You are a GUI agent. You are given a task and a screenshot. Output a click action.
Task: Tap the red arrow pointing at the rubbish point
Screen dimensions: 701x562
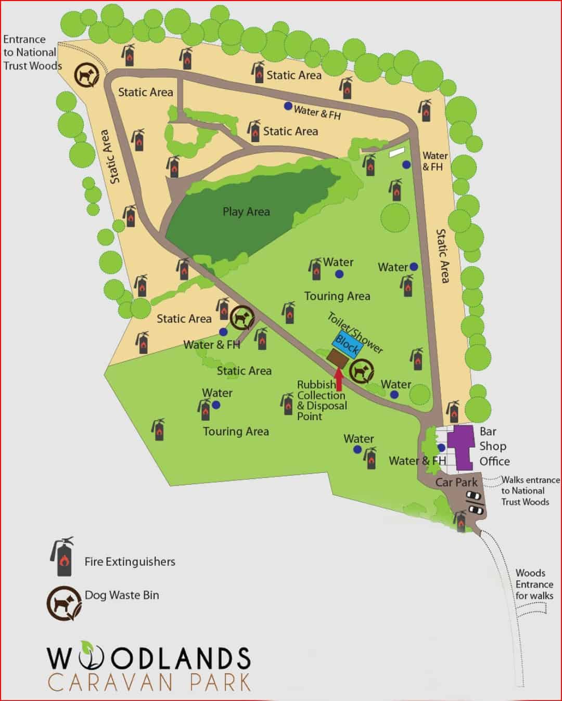339,379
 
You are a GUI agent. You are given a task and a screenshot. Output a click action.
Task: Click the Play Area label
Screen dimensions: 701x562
246,212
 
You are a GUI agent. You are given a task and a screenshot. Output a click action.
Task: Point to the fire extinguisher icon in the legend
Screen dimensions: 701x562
62,556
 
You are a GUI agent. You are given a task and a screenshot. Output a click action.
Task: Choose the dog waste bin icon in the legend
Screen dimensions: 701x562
64,603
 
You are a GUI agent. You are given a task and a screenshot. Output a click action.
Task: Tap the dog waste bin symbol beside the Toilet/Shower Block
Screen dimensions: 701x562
361,371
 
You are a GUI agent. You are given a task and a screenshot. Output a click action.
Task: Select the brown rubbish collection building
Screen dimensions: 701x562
338,358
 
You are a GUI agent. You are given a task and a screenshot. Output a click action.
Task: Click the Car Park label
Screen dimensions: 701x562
456,482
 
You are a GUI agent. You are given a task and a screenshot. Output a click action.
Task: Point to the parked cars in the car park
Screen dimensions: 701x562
474,501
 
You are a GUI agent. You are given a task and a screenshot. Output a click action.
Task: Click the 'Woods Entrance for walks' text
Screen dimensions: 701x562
533,584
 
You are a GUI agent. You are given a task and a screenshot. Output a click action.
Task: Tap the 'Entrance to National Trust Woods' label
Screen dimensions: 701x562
31,53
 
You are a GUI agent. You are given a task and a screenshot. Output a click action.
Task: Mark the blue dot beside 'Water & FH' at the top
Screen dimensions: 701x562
288,106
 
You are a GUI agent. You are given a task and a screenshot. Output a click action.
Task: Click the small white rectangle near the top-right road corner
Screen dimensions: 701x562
397,152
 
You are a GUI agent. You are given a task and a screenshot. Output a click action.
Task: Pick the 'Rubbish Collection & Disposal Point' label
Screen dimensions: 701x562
321,400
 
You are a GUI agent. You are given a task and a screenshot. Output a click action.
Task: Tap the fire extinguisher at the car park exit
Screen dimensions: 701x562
461,521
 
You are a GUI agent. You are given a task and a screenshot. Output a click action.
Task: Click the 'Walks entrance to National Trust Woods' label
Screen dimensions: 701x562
529,490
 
